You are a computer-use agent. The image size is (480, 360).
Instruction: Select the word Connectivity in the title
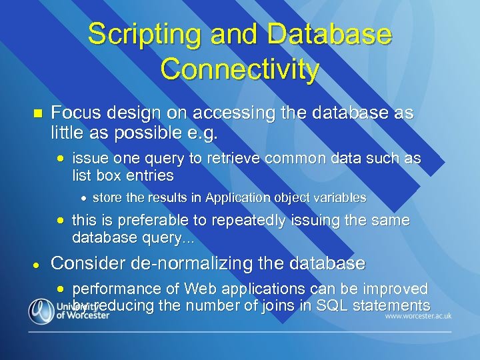click(x=239, y=69)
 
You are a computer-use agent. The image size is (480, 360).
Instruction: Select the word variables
click(x=337, y=198)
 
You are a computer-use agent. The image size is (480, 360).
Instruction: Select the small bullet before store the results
click(x=83, y=199)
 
